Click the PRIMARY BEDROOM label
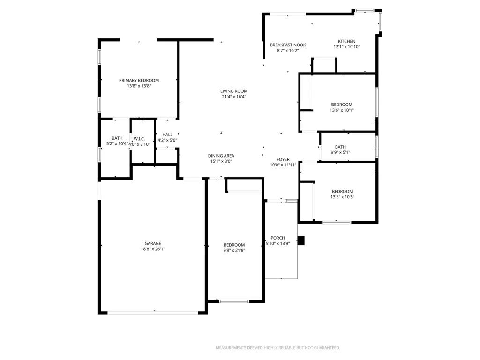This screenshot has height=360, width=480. (139, 81)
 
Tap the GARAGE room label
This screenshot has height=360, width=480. (153, 244)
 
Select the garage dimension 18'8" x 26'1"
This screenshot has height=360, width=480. (153, 249)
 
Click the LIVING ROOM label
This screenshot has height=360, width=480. (234, 91)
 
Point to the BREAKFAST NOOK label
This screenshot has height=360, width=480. (288, 45)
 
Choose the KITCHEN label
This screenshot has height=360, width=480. (346, 41)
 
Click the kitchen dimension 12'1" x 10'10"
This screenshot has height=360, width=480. (346, 47)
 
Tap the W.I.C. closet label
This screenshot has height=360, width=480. (139, 139)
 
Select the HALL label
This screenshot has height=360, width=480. (167, 135)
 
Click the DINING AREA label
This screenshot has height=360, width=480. (221, 156)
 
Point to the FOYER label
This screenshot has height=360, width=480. (283, 159)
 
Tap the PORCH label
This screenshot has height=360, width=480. (277, 238)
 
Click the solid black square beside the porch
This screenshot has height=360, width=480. (301, 240)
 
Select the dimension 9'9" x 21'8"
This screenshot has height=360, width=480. (234, 250)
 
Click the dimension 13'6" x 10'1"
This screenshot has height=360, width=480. (342, 110)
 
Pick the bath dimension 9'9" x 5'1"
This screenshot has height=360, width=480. (340, 152)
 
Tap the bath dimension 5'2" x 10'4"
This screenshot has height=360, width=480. (117, 144)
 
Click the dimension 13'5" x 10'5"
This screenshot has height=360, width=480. (342, 197)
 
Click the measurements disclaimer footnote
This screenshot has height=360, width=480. (277, 348)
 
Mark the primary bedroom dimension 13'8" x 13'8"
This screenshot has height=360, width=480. (139, 86)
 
